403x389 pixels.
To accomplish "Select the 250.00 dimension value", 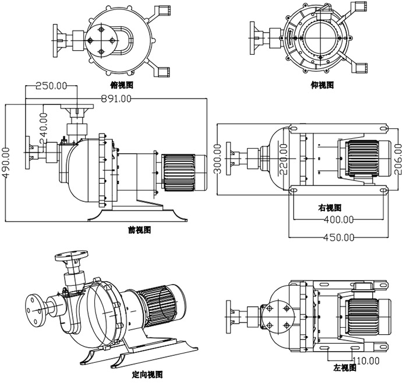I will (51, 86).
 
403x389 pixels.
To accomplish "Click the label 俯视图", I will (122, 85).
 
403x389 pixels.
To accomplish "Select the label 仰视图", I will (322, 85).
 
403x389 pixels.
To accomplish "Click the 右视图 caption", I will (330, 208).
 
